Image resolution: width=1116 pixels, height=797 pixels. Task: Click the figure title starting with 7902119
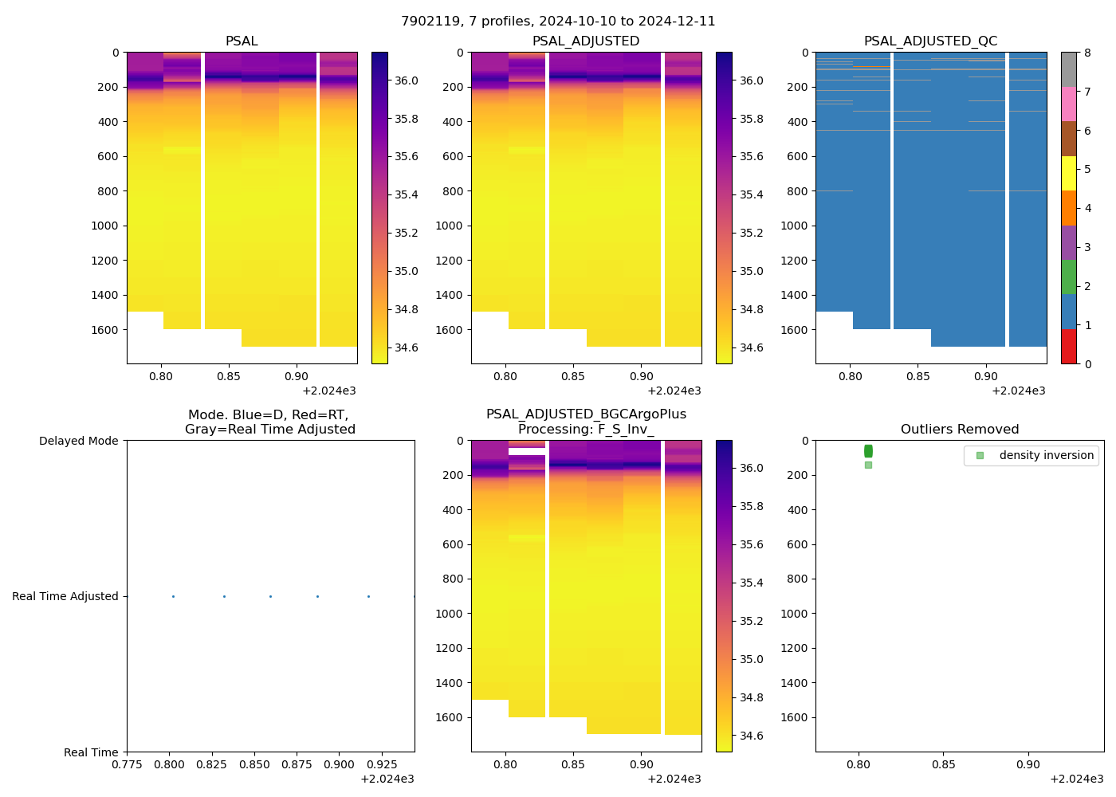pyautogui.click(x=558, y=22)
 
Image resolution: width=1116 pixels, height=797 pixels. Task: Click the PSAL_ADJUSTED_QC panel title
pyautogui.click(x=930, y=41)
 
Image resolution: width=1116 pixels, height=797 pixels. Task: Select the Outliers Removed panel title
pyautogui.click(x=960, y=430)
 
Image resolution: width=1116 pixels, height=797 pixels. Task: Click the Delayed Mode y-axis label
pyautogui.click(x=78, y=441)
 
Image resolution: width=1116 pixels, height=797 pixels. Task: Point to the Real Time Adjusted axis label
pyautogui.click(x=65, y=596)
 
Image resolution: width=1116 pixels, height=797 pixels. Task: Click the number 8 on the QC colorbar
pyautogui.click(x=1087, y=53)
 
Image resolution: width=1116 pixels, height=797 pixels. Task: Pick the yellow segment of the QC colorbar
pyautogui.click(x=1069, y=173)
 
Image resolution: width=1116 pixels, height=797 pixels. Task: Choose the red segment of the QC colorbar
pyautogui.click(x=1069, y=347)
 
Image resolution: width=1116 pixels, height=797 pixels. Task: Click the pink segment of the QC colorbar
pyautogui.click(x=1069, y=104)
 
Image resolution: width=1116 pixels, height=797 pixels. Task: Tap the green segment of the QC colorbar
pyautogui.click(x=1069, y=277)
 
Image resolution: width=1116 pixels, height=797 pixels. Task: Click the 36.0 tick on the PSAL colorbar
pyautogui.click(x=407, y=80)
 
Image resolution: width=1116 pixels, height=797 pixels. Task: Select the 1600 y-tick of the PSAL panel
pyautogui.click(x=104, y=330)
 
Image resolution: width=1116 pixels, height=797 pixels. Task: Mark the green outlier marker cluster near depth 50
pyautogui.click(x=868, y=451)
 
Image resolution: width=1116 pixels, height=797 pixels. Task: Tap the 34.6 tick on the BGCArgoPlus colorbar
pyautogui.click(x=751, y=736)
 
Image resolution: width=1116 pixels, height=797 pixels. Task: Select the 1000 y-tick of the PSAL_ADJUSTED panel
pyautogui.click(x=449, y=226)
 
